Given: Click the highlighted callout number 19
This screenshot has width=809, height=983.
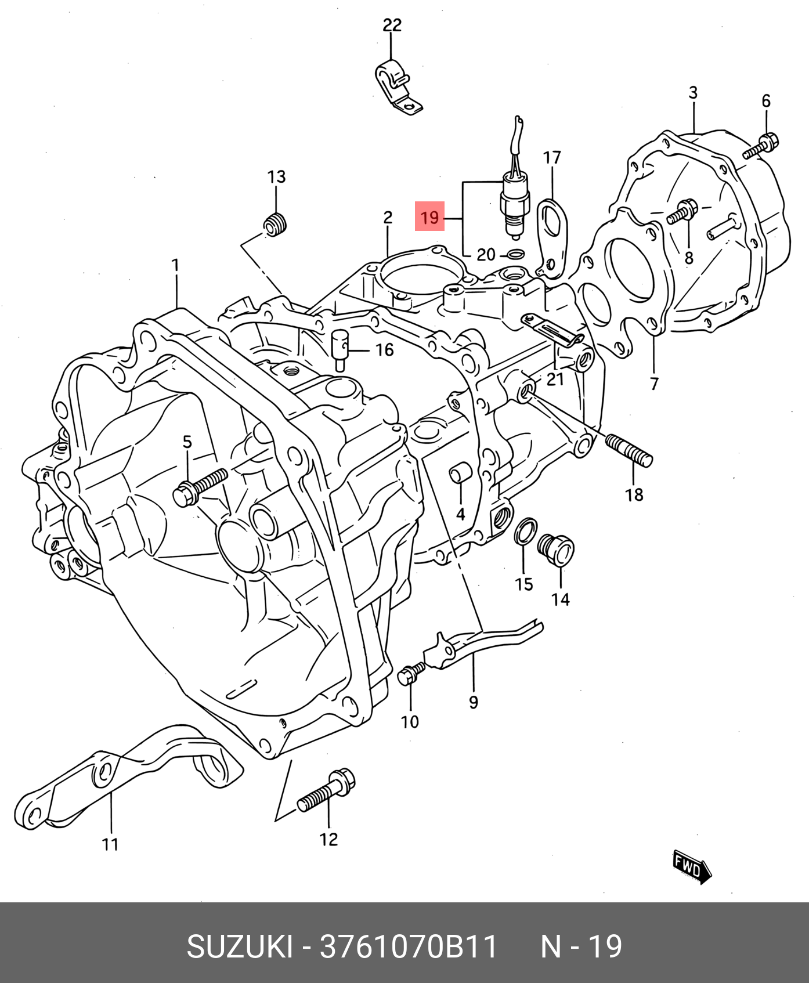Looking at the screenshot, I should (x=429, y=217).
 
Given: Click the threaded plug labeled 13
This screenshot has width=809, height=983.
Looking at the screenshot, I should (x=276, y=225).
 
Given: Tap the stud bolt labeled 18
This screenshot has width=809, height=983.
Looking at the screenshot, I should (x=630, y=451).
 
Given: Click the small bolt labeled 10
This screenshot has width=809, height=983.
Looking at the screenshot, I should (x=411, y=673).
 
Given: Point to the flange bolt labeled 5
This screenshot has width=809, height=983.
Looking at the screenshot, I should (x=200, y=487).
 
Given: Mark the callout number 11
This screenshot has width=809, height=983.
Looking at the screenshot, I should (x=110, y=844).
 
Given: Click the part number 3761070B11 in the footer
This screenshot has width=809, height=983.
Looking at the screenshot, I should (x=409, y=947).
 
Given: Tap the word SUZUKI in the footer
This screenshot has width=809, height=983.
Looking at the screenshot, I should (x=239, y=947).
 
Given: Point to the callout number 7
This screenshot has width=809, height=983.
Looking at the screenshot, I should (x=655, y=384).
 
